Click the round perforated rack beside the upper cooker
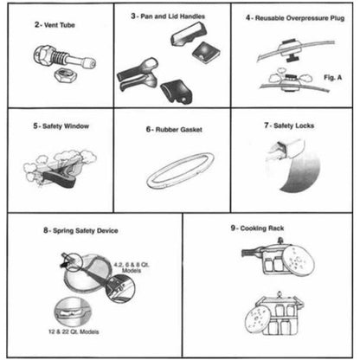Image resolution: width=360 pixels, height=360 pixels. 300,259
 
